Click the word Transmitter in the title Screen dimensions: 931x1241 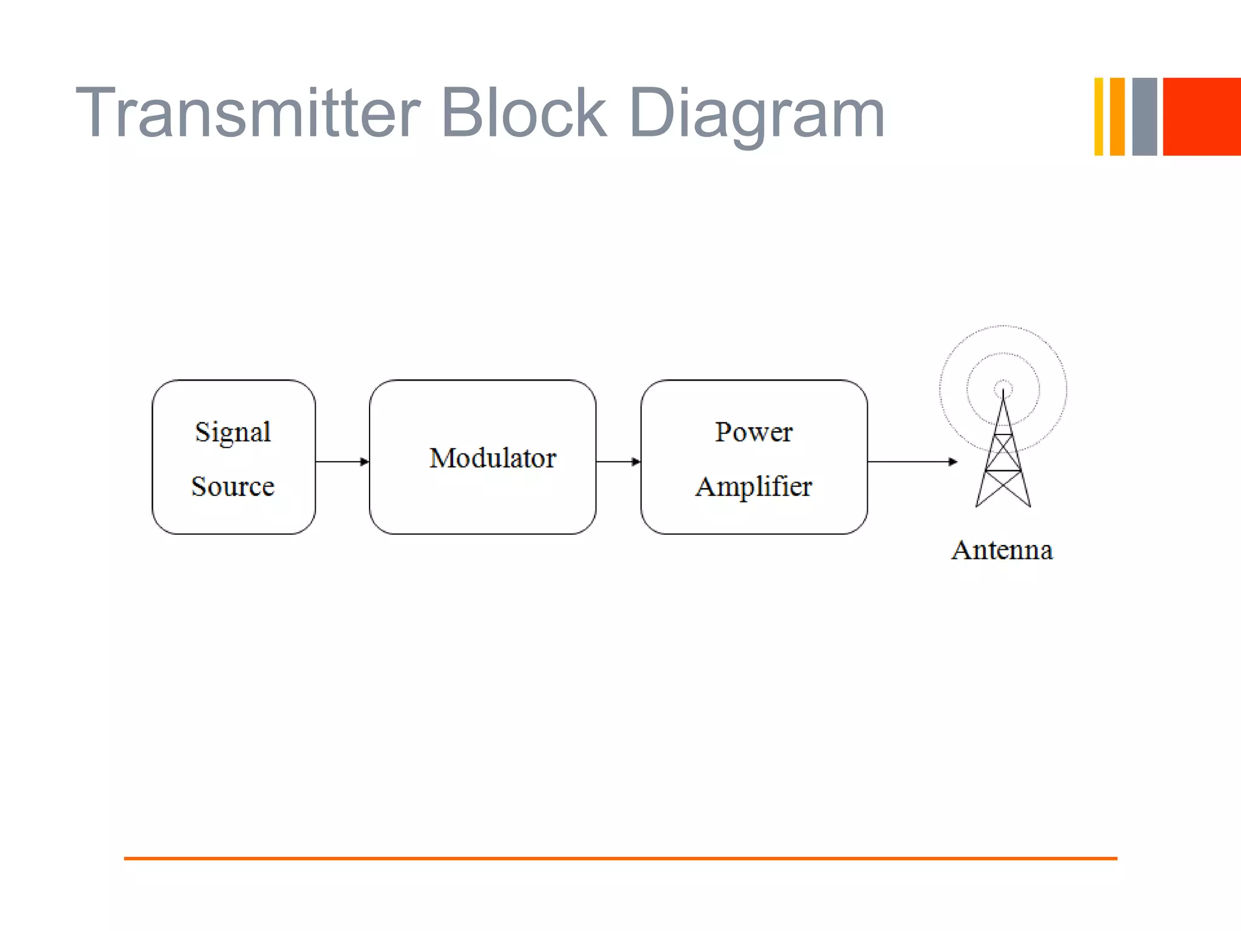(247, 114)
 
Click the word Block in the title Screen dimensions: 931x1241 (523, 114)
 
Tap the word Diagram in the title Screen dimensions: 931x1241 (757, 115)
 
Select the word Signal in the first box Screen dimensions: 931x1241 (233, 433)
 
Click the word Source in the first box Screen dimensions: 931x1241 (233, 487)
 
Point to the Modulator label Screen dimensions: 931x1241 (492, 458)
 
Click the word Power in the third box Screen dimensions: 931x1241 (753, 433)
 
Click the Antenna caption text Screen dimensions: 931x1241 (1002, 550)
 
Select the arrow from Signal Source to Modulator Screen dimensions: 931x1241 (342, 462)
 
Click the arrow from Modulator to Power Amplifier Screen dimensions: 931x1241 (618, 462)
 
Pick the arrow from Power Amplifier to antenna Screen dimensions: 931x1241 (912, 462)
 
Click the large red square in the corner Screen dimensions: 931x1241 (1202, 116)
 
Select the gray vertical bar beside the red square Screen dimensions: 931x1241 (1144, 116)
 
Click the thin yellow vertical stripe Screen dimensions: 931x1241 (1098, 116)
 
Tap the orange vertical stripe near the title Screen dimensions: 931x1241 (1117, 116)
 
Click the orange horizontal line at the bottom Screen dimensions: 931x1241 (620, 858)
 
